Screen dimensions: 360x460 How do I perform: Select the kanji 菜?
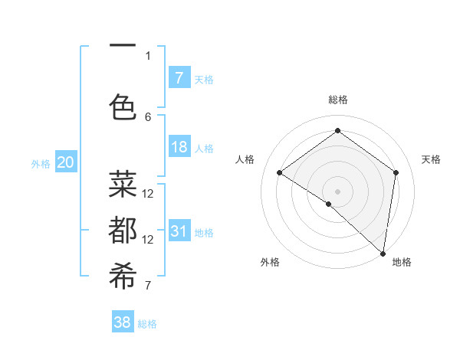(123, 184)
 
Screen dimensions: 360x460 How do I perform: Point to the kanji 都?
(123, 231)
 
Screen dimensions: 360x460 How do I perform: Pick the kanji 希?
(123, 277)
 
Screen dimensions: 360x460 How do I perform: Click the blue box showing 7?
(179, 77)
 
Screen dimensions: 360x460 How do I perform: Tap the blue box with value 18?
(179, 147)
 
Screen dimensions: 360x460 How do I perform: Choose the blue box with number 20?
(66, 162)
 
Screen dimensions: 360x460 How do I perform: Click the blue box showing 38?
(123, 322)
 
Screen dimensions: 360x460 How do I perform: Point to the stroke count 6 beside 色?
(148, 116)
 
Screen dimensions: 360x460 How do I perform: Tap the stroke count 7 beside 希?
(148, 286)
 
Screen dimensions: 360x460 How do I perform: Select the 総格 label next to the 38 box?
(147, 324)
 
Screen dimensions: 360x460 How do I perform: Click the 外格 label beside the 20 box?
(41, 163)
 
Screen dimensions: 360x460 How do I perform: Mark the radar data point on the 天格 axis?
(396, 172)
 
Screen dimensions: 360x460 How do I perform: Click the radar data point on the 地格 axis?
(383, 253)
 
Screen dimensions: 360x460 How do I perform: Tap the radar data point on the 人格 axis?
(280, 172)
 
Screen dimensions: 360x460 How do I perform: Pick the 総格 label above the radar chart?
(338, 100)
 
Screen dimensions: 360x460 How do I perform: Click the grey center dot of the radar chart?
(338, 191)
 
